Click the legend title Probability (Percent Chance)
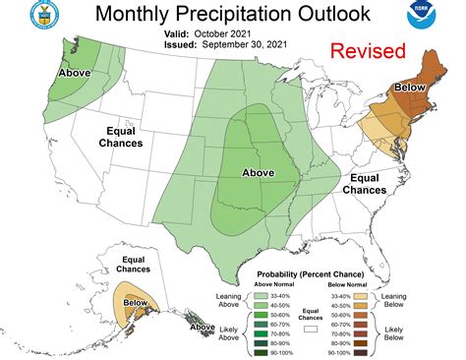310,273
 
